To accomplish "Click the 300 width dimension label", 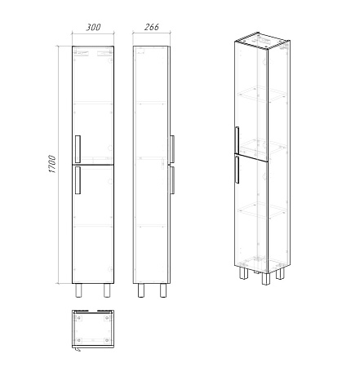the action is pyautogui.click(x=93, y=27).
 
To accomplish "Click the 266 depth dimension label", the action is pyautogui.click(x=152, y=27).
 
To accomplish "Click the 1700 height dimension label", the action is pyautogui.click(x=52, y=164).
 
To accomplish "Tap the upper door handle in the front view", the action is pyautogui.click(x=78, y=148).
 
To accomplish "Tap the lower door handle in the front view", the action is pyautogui.click(x=78, y=180).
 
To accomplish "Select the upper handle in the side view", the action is pyautogui.click(x=172, y=149).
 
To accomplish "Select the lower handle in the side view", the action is pyautogui.click(x=172, y=180).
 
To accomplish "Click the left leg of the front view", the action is pyautogui.click(x=78, y=290).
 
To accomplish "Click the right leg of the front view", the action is pyautogui.click(x=107, y=290).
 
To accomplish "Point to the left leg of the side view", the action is pyautogui.click(x=141, y=290).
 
